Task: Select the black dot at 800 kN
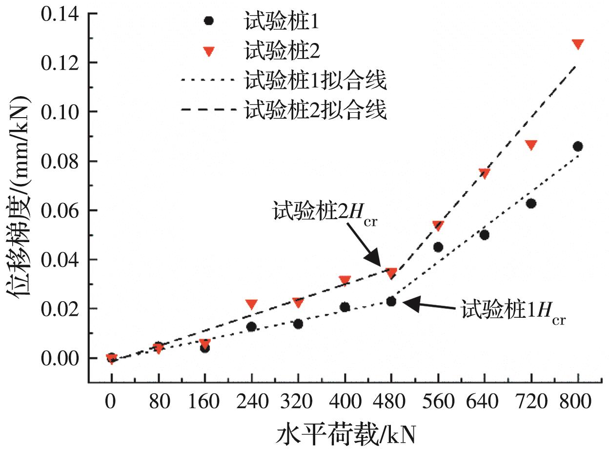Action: tap(578, 146)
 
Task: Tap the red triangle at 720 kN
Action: tap(531, 145)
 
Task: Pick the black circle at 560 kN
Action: tap(438, 247)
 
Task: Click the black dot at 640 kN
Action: tap(485, 235)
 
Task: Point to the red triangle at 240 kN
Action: tap(251, 305)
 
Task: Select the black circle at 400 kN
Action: tap(345, 307)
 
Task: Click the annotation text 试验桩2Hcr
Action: tap(325, 213)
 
